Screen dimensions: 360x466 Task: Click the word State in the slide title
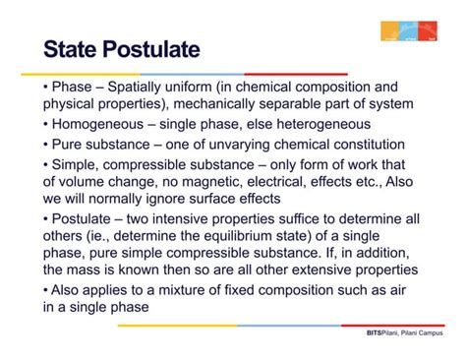(x=80, y=50)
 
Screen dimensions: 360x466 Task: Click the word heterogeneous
(x=312, y=124)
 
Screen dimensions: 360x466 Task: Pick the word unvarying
(x=227, y=144)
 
